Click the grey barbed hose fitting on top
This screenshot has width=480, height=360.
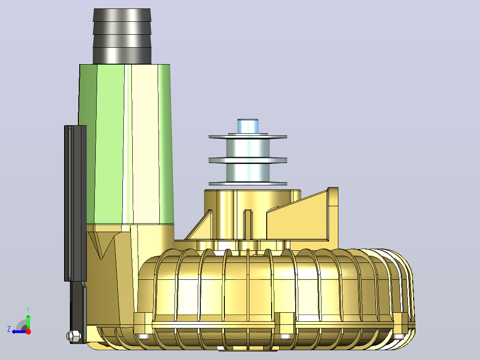pyautogui.click(x=122, y=36)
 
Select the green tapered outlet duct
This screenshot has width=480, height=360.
pyautogui.click(x=126, y=144)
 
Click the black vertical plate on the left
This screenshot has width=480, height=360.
pyautogui.click(x=75, y=203)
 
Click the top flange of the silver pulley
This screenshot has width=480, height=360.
pyautogui.click(x=248, y=137)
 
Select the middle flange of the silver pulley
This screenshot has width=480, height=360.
pyautogui.click(x=248, y=160)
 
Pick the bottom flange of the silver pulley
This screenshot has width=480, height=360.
pyautogui.click(x=248, y=184)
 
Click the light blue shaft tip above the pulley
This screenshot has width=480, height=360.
pyautogui.click(x=248, y=126)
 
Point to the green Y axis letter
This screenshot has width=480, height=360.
pyautogui.click(x=28, y=310)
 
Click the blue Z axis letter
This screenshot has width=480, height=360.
pyautogui.click(x=9, y=329)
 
